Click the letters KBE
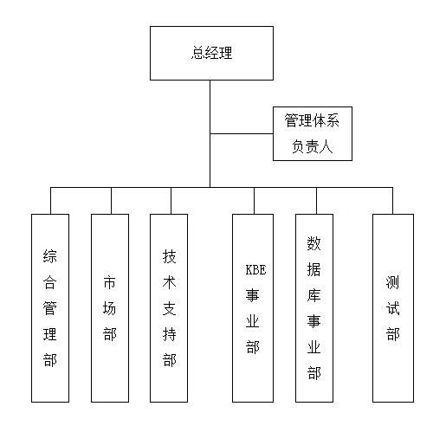[255, 270]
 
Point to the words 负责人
[313, 146]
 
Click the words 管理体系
[312, 120]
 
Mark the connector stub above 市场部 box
[112, 201]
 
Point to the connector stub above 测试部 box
[392, 201]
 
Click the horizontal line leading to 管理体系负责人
[242, 134]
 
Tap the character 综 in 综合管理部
[50, 256]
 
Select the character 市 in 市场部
[110, 282]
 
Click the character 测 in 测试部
[393, 282]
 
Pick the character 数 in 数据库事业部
[313, 243]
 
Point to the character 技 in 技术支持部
[169, 256]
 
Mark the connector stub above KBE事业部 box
[254, 201]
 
